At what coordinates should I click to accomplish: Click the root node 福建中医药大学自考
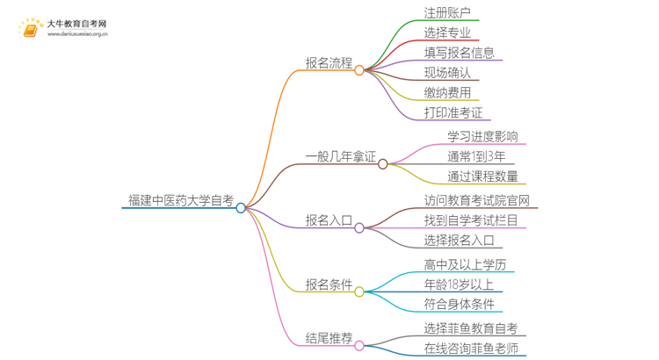click(180, 201)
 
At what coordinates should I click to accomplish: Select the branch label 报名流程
click(329, 63)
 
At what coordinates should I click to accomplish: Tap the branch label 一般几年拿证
click(340, 157)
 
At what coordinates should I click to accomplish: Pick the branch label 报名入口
click(329, 220)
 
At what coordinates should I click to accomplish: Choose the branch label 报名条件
click(329, 284)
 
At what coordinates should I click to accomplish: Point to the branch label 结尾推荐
click(329, 338)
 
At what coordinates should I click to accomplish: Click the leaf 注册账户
click(447, 13)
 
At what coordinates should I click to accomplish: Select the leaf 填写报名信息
click(459, 53)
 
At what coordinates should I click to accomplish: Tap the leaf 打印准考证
click(453, 112)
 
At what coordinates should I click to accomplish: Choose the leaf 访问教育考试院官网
click(480, 199)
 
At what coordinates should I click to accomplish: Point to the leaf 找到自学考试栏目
click(470, 220)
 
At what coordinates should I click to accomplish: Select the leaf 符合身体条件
click(459, 304)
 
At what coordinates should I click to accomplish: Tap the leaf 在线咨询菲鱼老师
click(470, 349)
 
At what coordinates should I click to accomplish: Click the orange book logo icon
click(31, 30)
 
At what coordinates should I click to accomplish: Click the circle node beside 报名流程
click(359, 69)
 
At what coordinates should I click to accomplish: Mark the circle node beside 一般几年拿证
click(383, 163)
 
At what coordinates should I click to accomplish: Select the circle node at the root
click(241, 208)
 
